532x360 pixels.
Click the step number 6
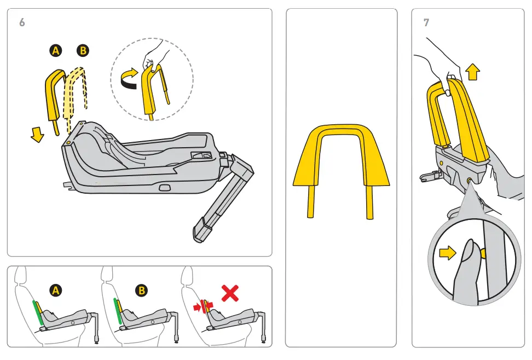pyautogui.click(x=21, y=22)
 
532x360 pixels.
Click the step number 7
pyautogui.click(x=426, y=22)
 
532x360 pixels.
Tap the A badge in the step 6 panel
pyautogui.click(x=55, y=51)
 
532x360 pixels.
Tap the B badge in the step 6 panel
pyautogui.click(x=83, y=51)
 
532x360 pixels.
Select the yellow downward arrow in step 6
pyautogui.click(x=37, y=135)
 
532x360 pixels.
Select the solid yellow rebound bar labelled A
pyautogui.click(x=53, y=96)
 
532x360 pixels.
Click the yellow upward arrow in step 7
pyautogui.click(x=473, y=72)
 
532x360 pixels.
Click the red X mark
pyautogui.click(x=230, y=294)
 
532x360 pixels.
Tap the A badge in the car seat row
pyautogui.click(x=55, y=291)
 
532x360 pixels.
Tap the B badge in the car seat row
pyautogui.click(x=142, y=291)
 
